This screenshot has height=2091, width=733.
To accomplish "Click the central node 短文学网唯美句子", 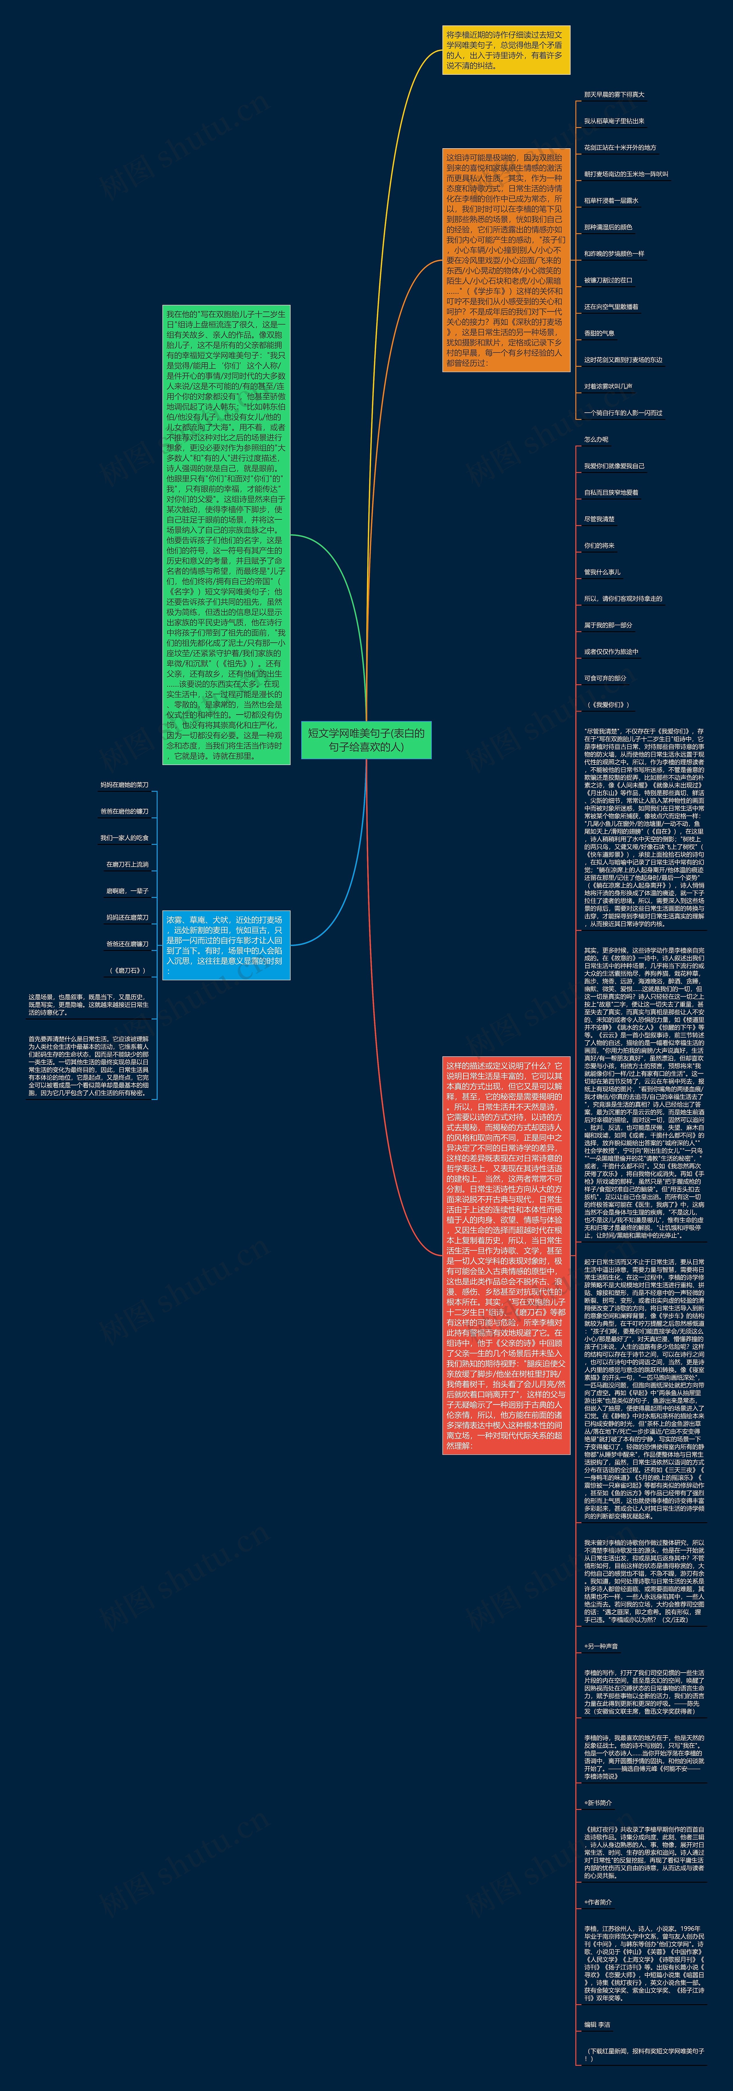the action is point(366,740).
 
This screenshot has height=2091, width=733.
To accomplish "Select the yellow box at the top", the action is point(506,50).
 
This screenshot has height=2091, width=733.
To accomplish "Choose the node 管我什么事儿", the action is point(602,572).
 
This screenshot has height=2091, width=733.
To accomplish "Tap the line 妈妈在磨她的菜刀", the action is point(124,785).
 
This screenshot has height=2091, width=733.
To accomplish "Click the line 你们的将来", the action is point(599,546).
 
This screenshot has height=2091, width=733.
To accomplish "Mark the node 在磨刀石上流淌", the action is point(127,865).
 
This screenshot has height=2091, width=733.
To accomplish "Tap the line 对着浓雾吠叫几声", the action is point(608,386).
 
